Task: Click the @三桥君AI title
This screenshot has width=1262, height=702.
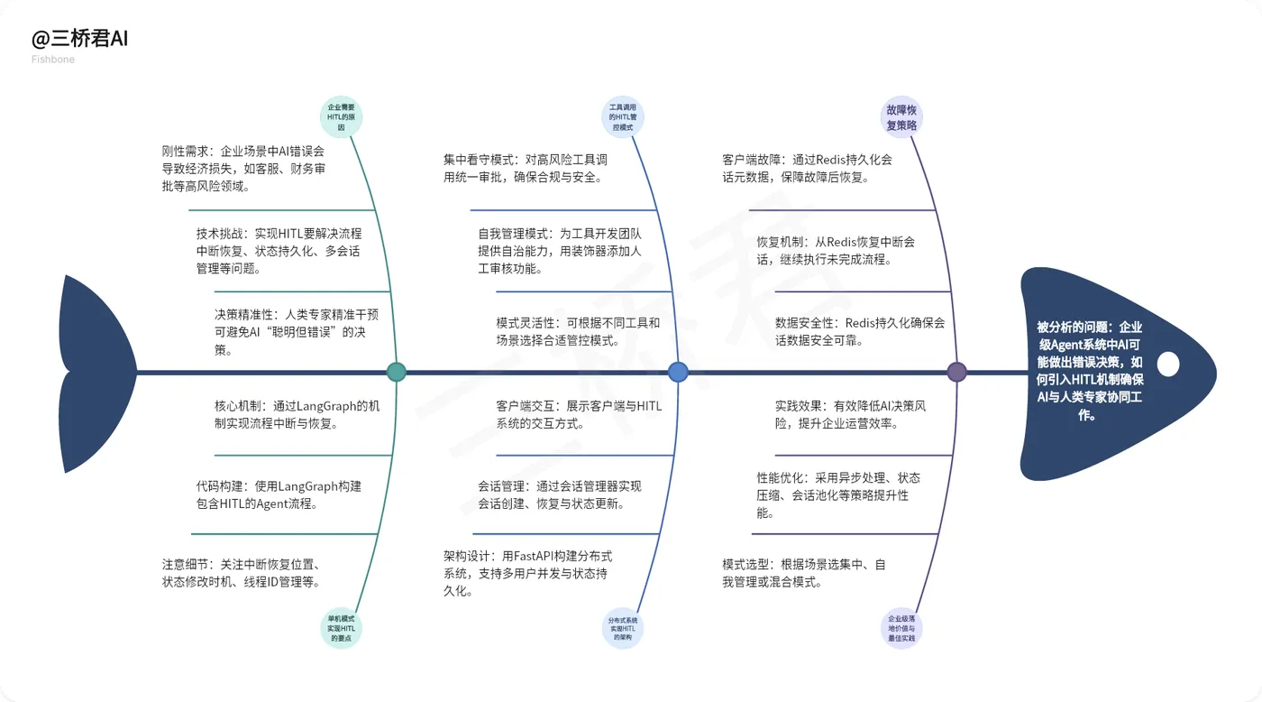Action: pyautogui.click(x=79, y=40)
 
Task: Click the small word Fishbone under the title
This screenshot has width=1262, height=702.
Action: pyautogui.click(x=53, y=60)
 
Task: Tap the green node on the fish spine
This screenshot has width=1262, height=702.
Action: pyautogui.click(x=396, y=372)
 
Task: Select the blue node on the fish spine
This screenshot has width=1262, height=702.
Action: pyautogui.click(x=678, y=372)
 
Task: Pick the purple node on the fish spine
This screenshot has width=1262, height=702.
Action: pyautogui.click(x=957, y=372)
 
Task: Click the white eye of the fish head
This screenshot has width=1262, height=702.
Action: pyautogui.click(x=1167, y=365)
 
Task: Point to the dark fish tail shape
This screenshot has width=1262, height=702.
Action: pyautogui.click(x=90, y=372)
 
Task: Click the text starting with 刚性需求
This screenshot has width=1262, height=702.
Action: pyautogui.click(x=242, y=169)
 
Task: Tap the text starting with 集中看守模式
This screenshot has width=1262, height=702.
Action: pyautogui.click(x=525, y=169)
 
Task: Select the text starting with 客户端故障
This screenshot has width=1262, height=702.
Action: pyautogui.click(x=807, y=169)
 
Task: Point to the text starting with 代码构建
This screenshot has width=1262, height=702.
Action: pyautogui.click(x=279, y=494)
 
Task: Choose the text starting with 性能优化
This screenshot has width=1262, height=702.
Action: pyautogui.click(x=838, y=494)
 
